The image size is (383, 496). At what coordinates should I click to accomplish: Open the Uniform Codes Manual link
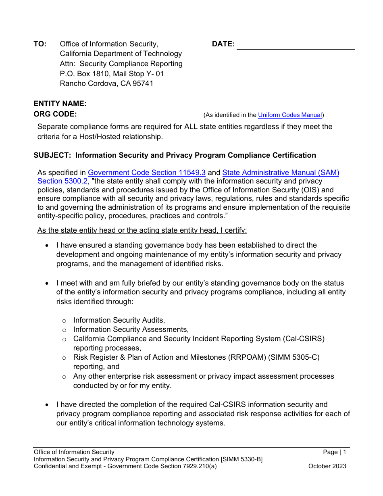(290, 115)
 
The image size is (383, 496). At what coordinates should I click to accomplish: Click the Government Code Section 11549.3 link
(147, 173)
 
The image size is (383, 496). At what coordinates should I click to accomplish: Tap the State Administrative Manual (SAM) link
(281, 173)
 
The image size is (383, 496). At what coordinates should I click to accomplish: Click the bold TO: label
(40, 44)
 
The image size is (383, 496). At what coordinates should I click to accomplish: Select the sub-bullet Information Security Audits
(119, 320)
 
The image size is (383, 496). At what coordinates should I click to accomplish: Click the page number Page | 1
(334, 452)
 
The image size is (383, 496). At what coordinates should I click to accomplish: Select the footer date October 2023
(327, 466)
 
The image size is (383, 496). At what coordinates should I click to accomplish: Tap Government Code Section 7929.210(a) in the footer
(166, 466)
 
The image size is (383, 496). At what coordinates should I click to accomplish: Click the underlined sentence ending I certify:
(142, 230)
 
